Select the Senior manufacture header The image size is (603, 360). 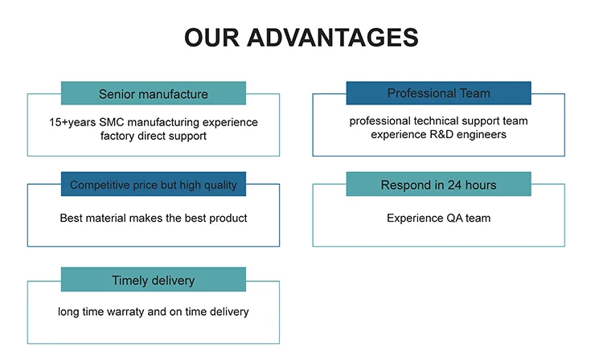point(154,94)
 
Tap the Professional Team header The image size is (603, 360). point(438,93)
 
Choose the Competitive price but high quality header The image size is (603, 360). point(154,185)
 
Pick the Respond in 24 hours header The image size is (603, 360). point(438,185)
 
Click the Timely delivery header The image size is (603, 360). point(154,280)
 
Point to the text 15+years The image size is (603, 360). point(72,122)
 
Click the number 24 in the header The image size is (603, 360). point(449,185)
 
